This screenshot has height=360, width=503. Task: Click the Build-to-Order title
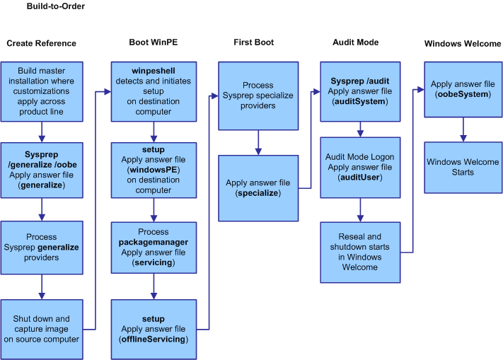coord(56,6)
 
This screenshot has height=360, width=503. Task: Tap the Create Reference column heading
coord(41,43)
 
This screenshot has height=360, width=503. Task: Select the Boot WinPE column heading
coord(154,42)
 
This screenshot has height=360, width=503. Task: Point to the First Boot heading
coord(254,42)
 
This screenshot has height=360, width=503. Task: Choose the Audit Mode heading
coord(355,42)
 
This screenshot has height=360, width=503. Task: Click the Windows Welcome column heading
coord(463,44)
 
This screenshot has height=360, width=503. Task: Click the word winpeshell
coord(154,71)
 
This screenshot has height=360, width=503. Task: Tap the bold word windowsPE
coord(154,170)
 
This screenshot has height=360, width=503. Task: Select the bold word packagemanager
coord(154,242)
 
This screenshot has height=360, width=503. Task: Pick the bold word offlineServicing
coord(154,339)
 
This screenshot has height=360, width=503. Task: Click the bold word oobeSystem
coord(463,94)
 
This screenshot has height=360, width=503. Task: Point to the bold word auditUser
coord(360,178)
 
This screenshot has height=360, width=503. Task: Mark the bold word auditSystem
coord(360,102)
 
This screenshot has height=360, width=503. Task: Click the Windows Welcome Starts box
coord(463,168)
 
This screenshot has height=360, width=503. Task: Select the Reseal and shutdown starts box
coord(360,252)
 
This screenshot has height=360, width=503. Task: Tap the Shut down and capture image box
coord(42,329)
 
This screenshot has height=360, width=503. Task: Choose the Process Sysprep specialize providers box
coord(258,96)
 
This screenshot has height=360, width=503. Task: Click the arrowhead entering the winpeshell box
coord(108,92)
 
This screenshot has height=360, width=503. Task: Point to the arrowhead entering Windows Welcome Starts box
coord(463,139)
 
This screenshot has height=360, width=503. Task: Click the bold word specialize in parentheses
coord(258,193)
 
